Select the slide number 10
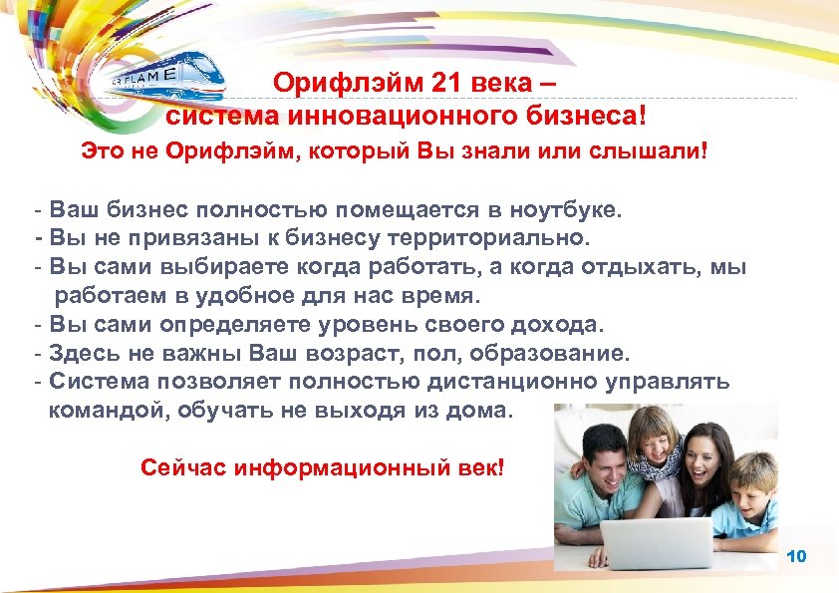pyautogui.click(x=796, y=555)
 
